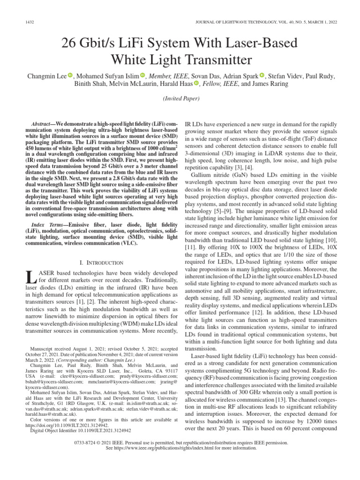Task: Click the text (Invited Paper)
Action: coord(180,98)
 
